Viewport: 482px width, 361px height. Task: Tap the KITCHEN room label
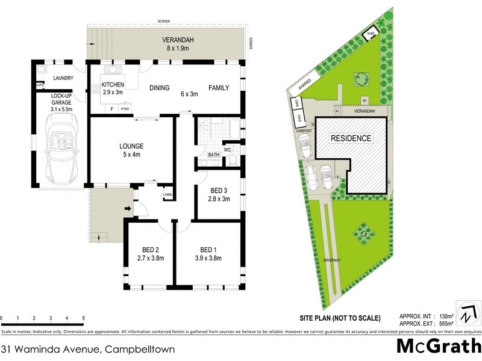click(113, 85)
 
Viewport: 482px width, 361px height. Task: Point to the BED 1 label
click(208, 250)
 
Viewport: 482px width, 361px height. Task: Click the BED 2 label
click(150, 250)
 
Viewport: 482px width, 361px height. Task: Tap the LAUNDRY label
click(63, 78)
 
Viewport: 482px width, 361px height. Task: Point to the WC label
click(228, 149)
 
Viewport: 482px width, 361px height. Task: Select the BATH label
click(214, 155)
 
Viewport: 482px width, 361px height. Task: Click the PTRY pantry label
click(125, 109)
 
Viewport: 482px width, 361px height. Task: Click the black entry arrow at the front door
click(128, 209)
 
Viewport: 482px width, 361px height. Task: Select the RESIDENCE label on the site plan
click(351, 138)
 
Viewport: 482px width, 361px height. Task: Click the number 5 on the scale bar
click(83, 317)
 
